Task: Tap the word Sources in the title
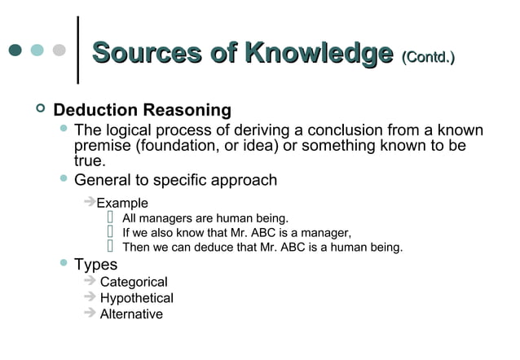[x=146, y=53]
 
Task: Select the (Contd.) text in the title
[x=428, y=56]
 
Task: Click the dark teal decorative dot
[x=15, y=50]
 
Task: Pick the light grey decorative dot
[x=59, y=50]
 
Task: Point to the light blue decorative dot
[x=37, y=50]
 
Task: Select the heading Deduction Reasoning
[x=142, y=110]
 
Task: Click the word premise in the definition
[x=102, y=146]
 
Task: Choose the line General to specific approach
[x=175, y=180]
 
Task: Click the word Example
[x=122, y=203]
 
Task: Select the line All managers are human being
[x=205, y=218]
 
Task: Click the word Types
[x=95, y=265]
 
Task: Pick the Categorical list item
[x=134, y=282]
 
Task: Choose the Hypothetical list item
[x=136, y=298]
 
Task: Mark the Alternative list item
[x=131, y=314]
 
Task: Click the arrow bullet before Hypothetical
[x=90, y=297]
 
